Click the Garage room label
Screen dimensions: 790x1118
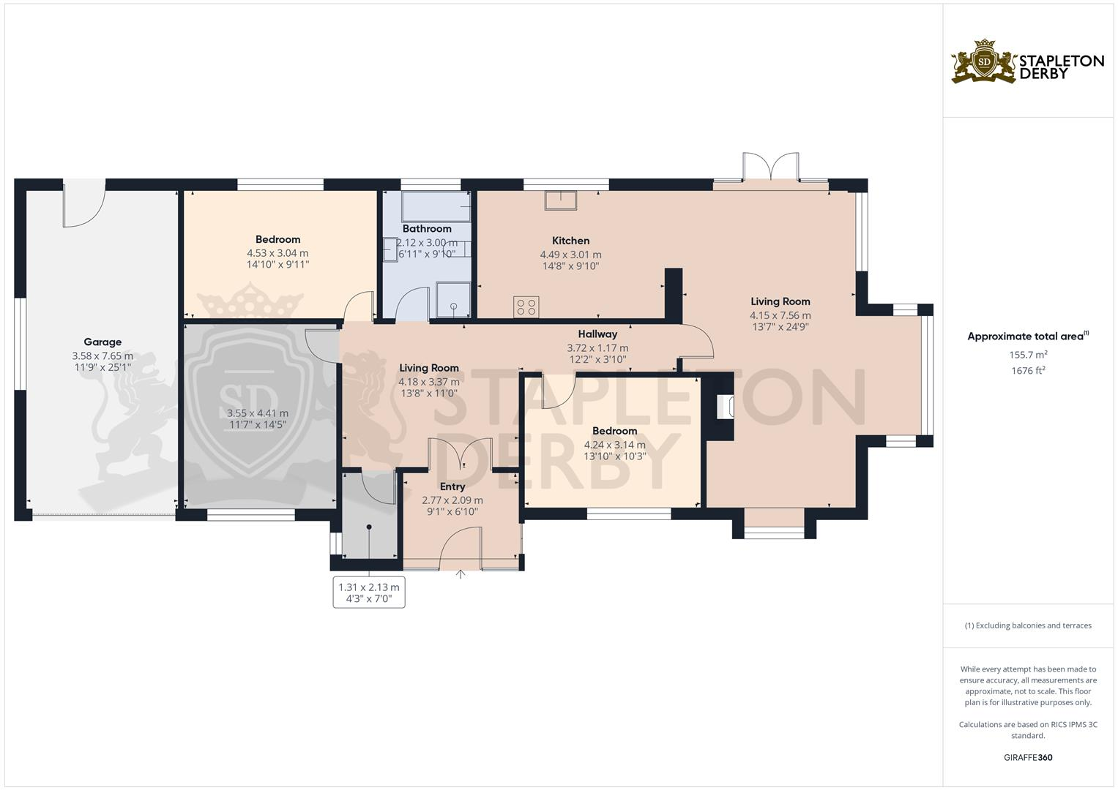pos(103,342)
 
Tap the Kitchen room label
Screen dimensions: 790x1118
pos(570,241)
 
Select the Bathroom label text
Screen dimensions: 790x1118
pos(427,229)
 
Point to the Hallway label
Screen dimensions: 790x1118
pos(597,334)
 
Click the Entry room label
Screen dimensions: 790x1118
pos(452,486)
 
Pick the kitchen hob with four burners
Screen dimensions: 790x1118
pos(526,307)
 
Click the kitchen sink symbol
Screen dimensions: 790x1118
pos(560,200)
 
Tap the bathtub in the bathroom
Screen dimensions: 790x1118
pos(436,206)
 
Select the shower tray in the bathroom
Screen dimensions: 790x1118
pos(454,299)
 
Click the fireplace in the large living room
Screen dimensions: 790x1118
pos(723,407)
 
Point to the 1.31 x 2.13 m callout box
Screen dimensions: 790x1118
pos(369,592)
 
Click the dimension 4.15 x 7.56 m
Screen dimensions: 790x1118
pos(780,316)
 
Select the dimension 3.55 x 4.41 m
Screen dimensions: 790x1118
pos(258,413)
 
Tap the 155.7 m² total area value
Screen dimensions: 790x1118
pos(1028,355)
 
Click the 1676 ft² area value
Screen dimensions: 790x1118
pos(1028,371)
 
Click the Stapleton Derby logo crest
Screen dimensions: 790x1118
pos(984,62)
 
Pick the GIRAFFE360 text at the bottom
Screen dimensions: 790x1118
pos(1028,758)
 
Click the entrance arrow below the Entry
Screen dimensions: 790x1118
pos(461,575)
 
